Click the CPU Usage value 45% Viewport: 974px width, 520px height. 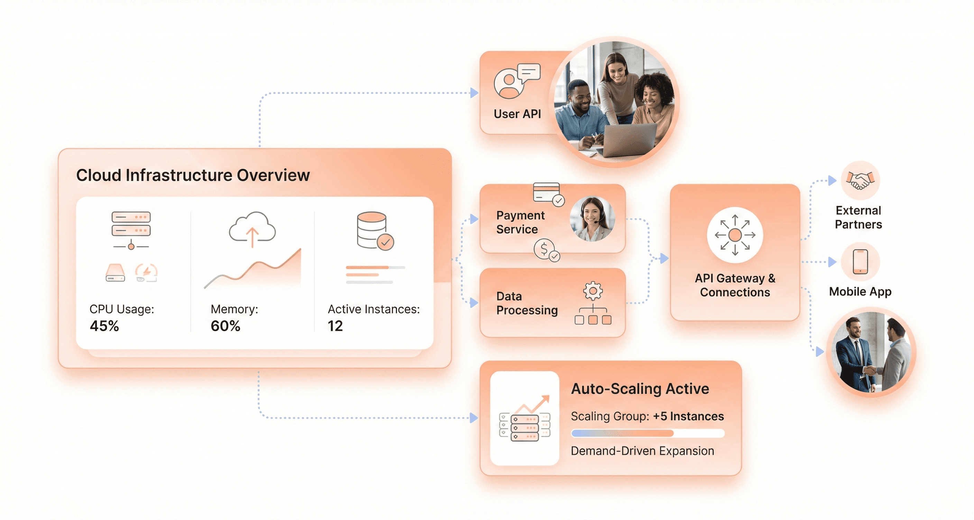104,326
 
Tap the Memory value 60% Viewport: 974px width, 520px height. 226,326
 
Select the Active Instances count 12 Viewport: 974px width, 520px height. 335,326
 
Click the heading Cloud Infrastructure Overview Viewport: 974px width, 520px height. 193,175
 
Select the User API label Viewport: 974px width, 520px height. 517,114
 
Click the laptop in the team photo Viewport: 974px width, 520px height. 629,140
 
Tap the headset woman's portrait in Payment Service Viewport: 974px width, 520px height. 592,219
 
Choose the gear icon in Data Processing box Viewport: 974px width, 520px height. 593,291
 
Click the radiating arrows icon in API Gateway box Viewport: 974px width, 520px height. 735,235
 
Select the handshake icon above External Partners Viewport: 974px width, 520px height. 860,180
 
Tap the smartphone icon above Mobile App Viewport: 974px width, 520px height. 860,261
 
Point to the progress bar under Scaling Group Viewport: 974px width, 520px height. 647,433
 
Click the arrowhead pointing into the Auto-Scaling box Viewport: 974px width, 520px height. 474,418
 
